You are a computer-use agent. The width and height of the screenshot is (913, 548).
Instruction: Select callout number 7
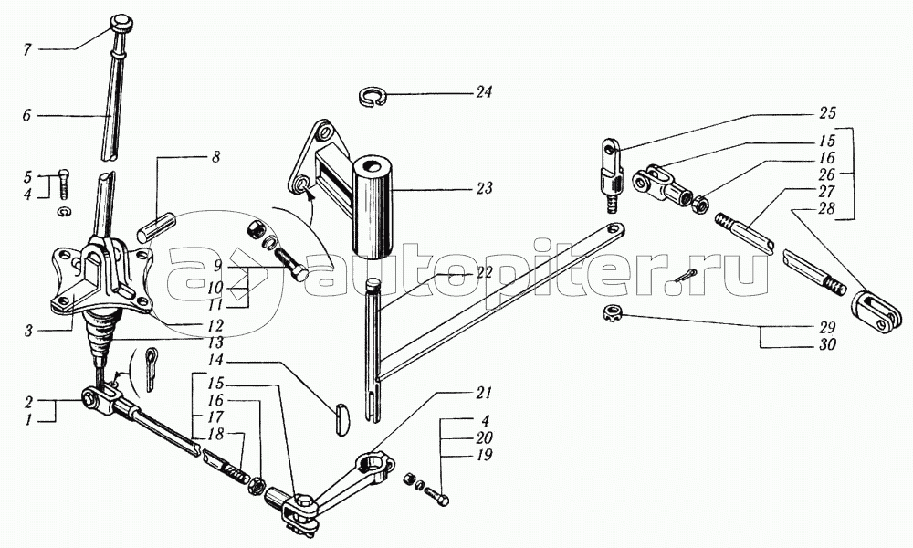[x=26, y=50]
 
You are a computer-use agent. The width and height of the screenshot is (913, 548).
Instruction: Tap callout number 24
[x=483, y=92]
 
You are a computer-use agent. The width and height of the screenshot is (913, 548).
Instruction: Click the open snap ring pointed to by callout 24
[x=374, y=96]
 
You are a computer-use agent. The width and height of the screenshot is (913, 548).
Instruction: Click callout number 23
[x=483, y=189]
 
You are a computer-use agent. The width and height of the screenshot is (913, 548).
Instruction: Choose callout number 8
[x=215, y=158]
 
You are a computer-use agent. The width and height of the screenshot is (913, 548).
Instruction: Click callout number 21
[x=484, y=393]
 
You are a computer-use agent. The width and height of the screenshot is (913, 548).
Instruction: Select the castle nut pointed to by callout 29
[x=611, y=313]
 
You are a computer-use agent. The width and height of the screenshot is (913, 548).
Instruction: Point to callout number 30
[x=826, y=344]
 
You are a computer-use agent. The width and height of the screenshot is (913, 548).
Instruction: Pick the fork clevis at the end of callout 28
[x=879, y=308]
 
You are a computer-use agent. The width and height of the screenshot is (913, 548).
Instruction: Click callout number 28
[x=826, y=208]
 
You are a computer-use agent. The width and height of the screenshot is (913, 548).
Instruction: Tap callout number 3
[x=27, y=332]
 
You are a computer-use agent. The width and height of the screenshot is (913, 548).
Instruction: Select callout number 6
[x=26, y=116]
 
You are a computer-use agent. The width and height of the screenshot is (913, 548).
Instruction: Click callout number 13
[x=216, y=342]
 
